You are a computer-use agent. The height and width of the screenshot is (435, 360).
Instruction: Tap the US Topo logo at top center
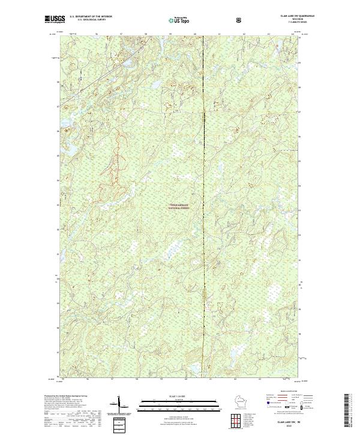(x=178, y=20)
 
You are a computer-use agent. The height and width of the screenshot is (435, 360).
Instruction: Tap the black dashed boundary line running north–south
(x=203, y=240)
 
